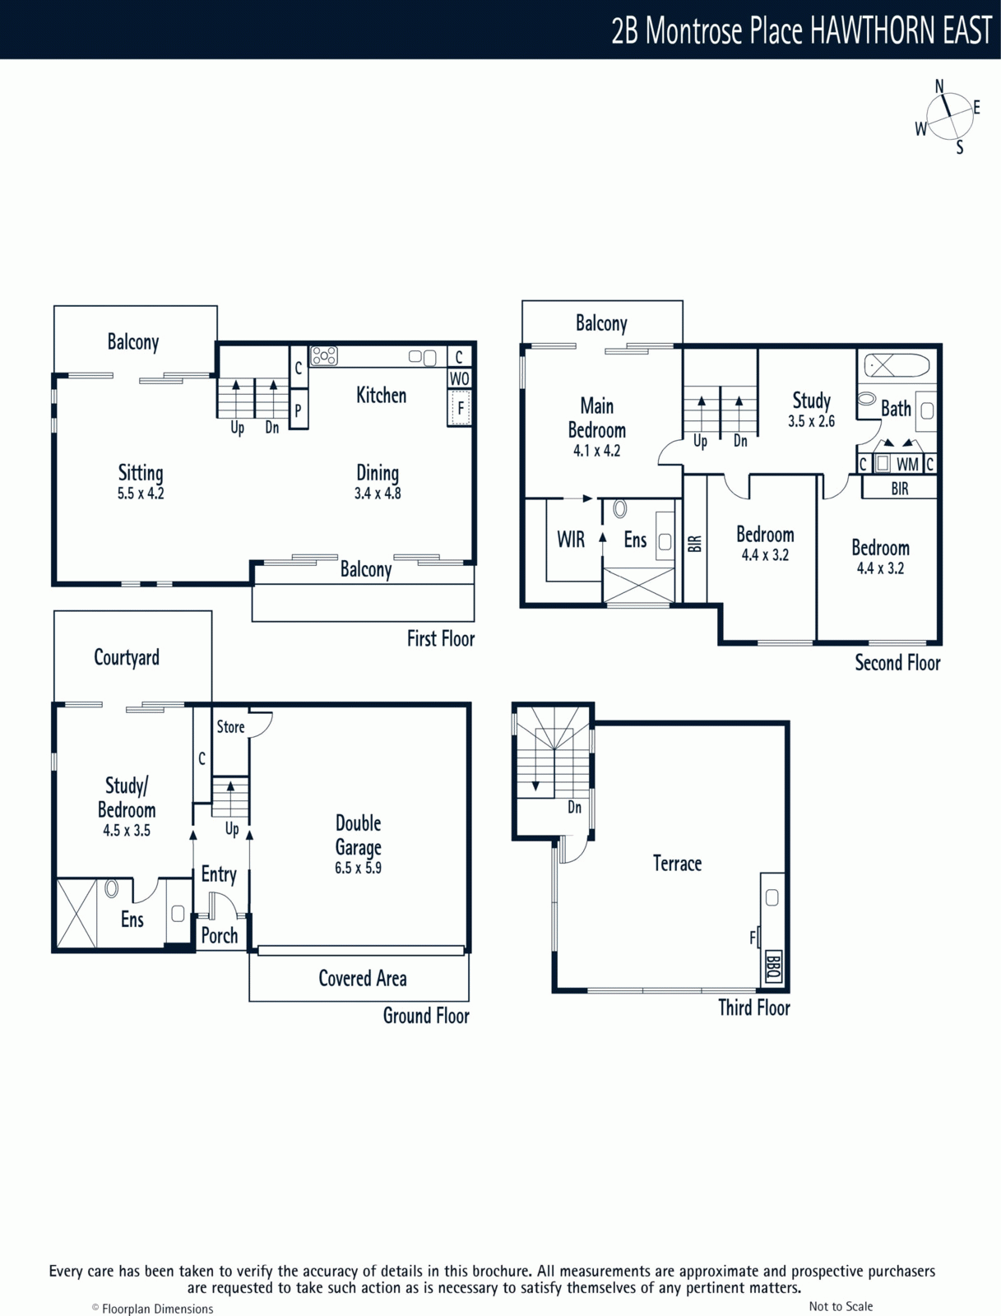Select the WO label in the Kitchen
459,379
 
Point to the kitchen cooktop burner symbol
324,356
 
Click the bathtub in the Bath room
896,365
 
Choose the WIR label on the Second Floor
571,540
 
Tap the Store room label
231,726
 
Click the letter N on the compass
940,86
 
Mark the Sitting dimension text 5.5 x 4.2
141,493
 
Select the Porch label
220,936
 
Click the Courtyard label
127,658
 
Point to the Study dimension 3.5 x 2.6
812,421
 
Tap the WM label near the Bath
907,465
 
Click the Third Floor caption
754,1008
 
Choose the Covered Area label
363,979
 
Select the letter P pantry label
298,411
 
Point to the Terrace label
677,864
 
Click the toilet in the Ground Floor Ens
112,888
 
